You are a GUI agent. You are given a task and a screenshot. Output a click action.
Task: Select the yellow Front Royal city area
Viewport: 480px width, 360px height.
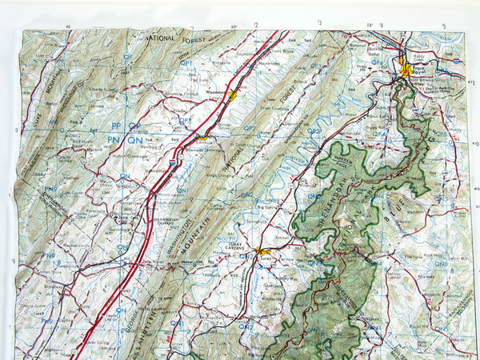(x=406, y=70)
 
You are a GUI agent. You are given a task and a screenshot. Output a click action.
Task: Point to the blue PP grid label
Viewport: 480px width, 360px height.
(x=117, y=126)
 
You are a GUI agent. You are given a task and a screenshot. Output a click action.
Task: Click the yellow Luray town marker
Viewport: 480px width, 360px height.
(x=264, y=254)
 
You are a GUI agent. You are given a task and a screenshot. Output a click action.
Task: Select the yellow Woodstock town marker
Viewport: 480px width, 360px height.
(x=231, y=95)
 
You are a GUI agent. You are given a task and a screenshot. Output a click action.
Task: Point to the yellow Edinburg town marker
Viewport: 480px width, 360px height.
(x=201, y=137)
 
